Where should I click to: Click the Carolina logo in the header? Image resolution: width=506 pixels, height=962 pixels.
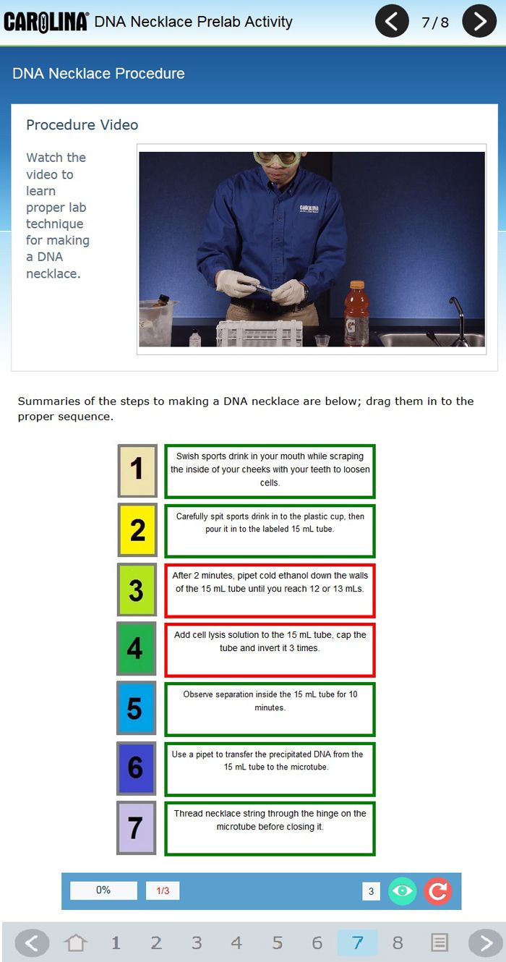pyautogui.click(x=46, y=22)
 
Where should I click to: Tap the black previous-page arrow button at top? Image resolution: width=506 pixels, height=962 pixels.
pyautogui.click(x=391, y=21)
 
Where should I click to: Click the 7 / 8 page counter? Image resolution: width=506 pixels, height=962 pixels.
pyautogui.click(x=435, y=22)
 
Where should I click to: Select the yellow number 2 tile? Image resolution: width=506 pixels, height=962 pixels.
pyautogui.click(x=137, y=530)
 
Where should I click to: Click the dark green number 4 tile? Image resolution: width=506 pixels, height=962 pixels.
pyautogui.click(x=137, y=649)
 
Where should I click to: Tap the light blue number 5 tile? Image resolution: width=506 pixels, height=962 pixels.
pyautogui.click(x=137, y=707)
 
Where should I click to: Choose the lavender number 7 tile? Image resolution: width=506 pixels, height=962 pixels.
pyautogui.click(x=137, y=827)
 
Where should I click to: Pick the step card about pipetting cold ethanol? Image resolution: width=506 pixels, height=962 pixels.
pyautogui.click(x=270, y=590)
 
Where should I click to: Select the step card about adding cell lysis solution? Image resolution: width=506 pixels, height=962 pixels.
pyautogui.click(x=270, y=650)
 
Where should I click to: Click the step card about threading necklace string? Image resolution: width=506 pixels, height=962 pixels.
pyautogui.click(x=270, y=828)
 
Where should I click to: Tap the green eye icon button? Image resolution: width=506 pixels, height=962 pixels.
pyautogui.click(x=402, y=891)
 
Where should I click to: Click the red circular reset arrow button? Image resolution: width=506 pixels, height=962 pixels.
pyautogui.click(x=438, y=891)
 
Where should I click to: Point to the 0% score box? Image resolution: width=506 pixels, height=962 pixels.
pyautogui.click(x=103, y=890)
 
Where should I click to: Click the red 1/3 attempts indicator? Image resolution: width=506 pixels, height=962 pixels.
pyautogui.click(x=163, y=890)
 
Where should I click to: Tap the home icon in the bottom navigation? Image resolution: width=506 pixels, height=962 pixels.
pyautogui.click(x=75, y=943)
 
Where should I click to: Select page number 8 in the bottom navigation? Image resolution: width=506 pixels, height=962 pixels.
pyautogui.click(x=398, y=943)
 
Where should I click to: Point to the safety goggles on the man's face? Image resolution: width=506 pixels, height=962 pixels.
pyautogui.click(x=278, y=158)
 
